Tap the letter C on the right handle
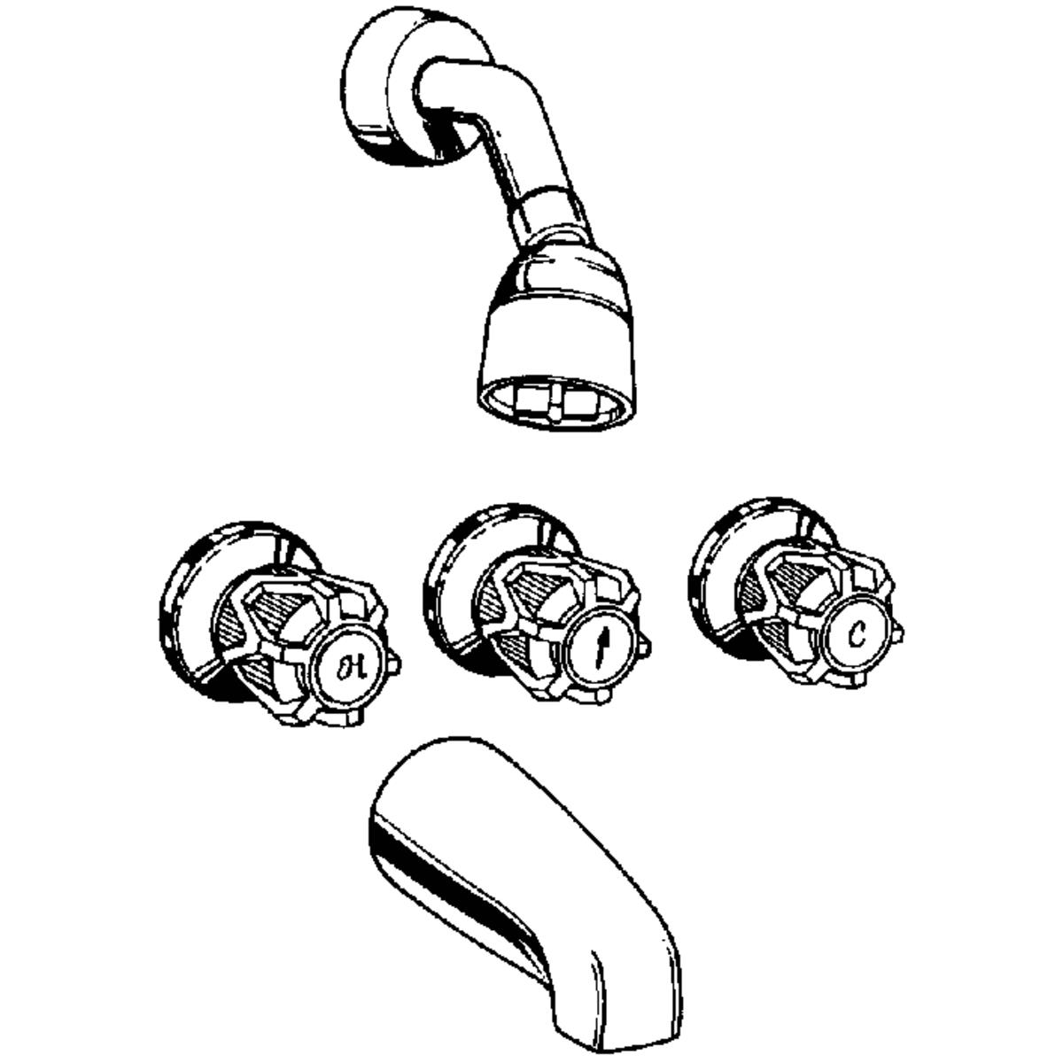pyautogui.click(x=857, y=634)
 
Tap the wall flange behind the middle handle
pyautogui.click(x=456, y=576)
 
